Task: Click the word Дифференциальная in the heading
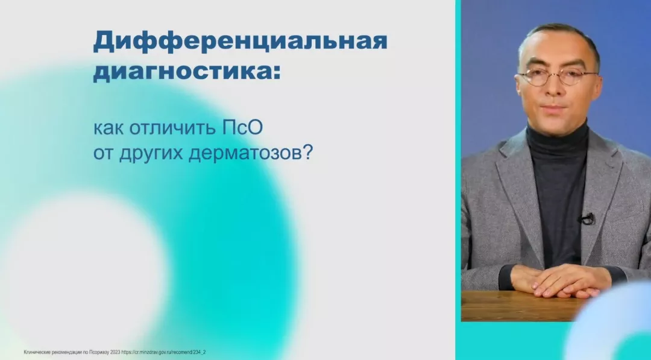click(240, 41)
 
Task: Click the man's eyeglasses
click(558, 76)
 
